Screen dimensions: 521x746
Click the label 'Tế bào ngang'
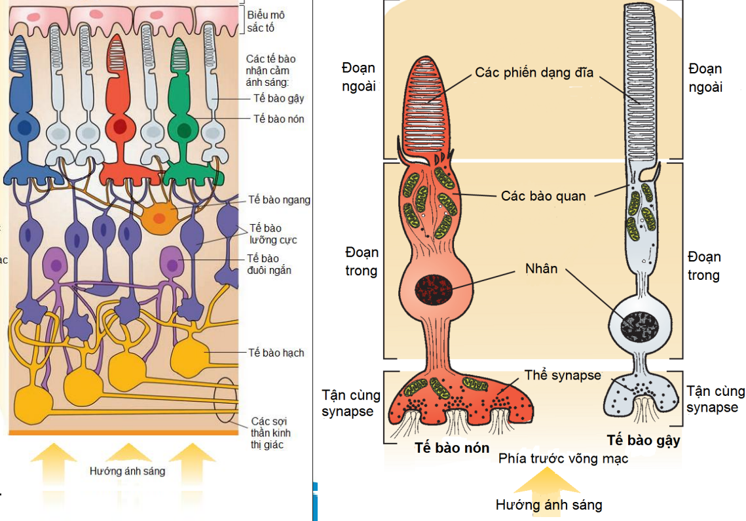coord(279,200)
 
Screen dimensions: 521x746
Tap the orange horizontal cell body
coord(161,216)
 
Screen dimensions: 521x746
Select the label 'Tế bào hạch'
coord(276,353)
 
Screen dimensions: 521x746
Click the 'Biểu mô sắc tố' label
coord(266,21)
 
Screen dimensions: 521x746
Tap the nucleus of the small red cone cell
coord(119,126)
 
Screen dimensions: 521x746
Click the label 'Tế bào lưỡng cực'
coord(272,233)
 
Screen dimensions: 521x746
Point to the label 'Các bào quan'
coord(543,196)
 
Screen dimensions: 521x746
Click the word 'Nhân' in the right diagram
coord(541,268)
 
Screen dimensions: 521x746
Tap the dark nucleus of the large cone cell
coord(433,288)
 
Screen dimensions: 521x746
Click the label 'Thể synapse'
coord(562,376)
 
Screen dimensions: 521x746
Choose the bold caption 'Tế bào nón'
coord(452,448)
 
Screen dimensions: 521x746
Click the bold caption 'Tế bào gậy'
coord(643,440)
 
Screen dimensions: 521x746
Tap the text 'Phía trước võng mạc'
coord(563,458)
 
